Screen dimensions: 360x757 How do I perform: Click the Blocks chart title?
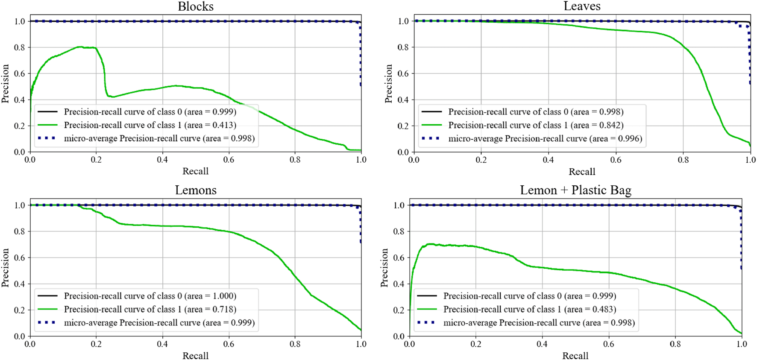(196, 6)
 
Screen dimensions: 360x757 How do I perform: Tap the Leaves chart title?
(582, 6)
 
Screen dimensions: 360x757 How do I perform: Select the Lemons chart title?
(196, 190)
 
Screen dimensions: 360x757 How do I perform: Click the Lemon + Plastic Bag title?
(575, 190)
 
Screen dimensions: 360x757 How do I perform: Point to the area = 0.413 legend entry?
(150, 125)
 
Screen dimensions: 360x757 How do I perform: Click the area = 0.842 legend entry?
(536, 125)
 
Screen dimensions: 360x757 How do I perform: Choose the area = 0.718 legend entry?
(150, 309)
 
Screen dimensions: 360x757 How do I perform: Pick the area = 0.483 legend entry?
(529, 309)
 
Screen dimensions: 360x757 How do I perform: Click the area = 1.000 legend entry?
(150, 296)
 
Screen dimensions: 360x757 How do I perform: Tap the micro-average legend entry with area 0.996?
(545, 138)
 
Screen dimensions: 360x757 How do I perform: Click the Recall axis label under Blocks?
(196, 171)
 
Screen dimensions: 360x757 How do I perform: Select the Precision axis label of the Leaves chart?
(388, 84)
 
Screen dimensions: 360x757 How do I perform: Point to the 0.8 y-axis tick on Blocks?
(20, 47)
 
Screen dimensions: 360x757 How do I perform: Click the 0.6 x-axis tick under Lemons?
(229, 344)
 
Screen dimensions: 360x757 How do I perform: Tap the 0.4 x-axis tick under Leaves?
(549, 160)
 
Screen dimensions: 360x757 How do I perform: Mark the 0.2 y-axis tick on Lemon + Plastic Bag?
(399, 310)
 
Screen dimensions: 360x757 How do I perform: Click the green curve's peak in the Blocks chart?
(79, 47)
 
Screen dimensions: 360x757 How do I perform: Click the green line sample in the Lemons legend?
(47, 309)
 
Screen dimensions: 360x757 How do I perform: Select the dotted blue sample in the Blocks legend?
(47, 138)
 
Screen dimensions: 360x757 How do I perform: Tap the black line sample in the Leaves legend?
(432, 112)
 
